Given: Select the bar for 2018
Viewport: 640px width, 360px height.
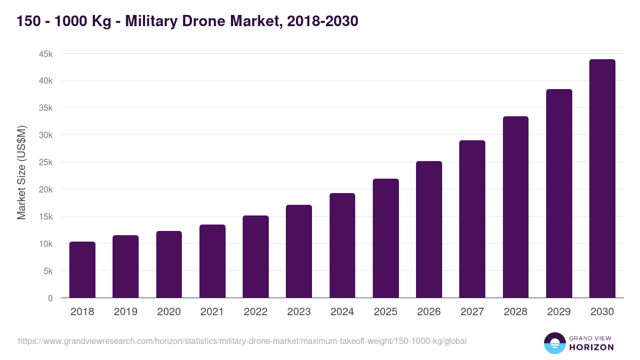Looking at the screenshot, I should (82, 270).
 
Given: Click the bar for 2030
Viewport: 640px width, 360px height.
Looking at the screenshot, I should (602, 179).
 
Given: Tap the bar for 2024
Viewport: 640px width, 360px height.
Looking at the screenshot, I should (342, 245).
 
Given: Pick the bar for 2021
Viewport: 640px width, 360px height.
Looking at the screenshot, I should (212, 261).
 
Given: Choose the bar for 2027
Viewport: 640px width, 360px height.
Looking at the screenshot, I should (472, 219).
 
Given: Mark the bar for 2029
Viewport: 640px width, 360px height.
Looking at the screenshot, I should (559, 194).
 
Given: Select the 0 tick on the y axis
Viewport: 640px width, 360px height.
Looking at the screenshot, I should (50, 298).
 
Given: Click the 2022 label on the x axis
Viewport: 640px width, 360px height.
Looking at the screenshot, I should (255, 312).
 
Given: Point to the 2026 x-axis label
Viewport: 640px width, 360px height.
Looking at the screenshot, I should (429, 312).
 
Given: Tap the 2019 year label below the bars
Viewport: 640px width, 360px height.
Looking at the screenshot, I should (125, 312).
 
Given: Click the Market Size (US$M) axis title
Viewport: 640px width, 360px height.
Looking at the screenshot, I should (21, 172).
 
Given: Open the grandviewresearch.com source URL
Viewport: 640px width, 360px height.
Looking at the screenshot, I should (242, 341).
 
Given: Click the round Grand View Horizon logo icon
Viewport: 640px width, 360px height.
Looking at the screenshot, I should (554, 343).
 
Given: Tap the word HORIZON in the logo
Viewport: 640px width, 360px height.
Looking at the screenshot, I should (591, 347).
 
